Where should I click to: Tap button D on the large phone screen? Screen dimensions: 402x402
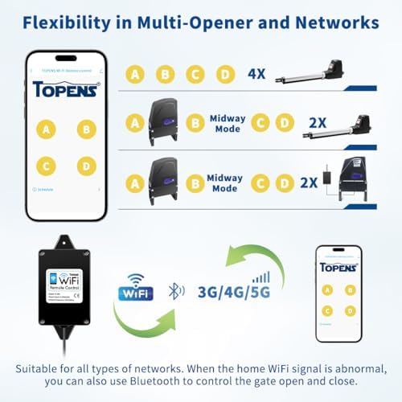coord(85,166)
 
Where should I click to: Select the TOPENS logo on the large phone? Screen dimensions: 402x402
coord(66,88)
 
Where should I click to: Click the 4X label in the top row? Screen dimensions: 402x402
coord(256,75)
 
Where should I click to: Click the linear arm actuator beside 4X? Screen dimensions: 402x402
coord(309,74)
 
